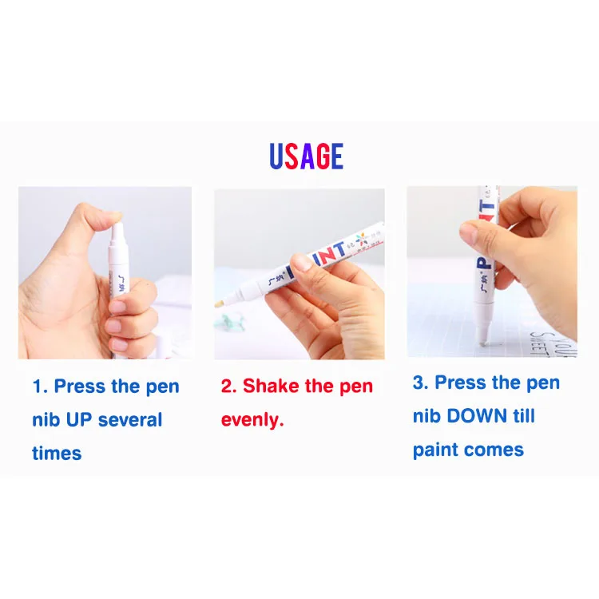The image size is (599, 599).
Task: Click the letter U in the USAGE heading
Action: (x=276, y=157)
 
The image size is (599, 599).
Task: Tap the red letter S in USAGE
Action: (x=292, y=157)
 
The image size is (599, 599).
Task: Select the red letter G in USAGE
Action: (x=323, y=157)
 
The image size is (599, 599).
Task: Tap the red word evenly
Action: (x=252, y=420)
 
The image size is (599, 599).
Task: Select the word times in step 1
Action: (x=57, y=454)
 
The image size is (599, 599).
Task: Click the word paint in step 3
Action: (x=437, y=450)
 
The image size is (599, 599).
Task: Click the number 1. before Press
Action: (x=40, y=387)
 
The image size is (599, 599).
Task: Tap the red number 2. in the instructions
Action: (x=229, y=387)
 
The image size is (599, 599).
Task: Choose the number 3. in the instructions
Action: (x=421, y=383)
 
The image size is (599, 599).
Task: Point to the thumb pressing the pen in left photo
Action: (x=100, y=217)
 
